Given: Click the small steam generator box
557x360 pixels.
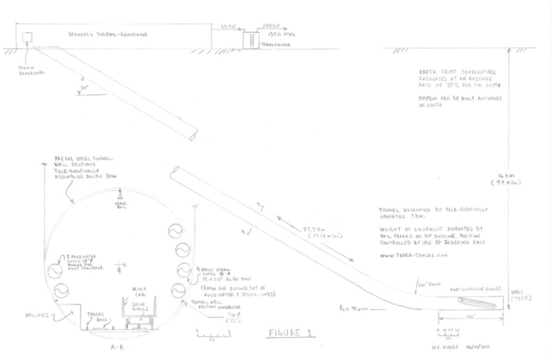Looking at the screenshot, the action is pyautogui.click(x=27, y=37).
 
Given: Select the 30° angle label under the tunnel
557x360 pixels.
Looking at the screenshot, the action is pyautogui.click(x=84, y=89).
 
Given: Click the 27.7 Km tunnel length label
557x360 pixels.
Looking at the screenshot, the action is pyautogui.click(x=318, y=234).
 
